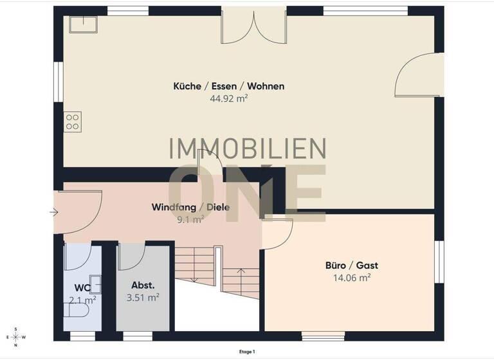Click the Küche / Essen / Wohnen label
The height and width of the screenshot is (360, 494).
coord(228,86)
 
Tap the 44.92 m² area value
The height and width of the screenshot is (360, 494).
coord(228,98)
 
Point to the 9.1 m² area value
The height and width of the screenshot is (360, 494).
coord(190,219)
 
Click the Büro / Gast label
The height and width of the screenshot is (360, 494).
coord(351,265)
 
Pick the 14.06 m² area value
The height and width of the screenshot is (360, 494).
coord(351,278)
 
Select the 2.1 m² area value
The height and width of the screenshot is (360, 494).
coord(82,299)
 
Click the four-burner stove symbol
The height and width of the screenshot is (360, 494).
coord(73,122)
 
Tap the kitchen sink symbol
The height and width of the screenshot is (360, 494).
coord(84,23)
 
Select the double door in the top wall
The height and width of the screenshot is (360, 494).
coord(254,27)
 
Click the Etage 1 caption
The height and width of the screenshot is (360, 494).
coord(246,352)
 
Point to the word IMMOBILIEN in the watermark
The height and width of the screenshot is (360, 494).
coord(247,148)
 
